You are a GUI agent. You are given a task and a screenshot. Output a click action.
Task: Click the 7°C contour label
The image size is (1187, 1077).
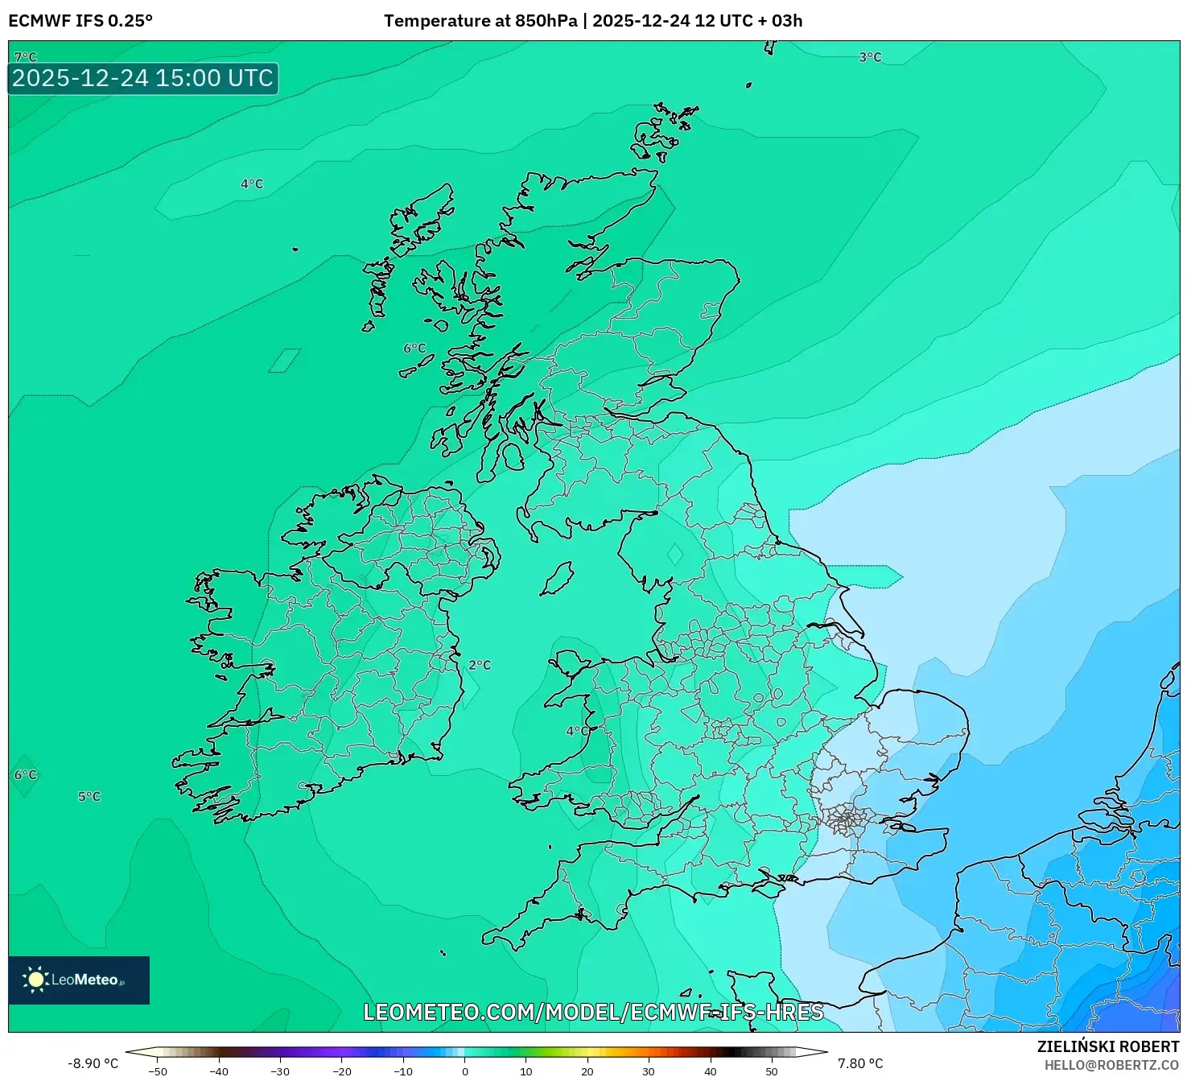coord(25,57)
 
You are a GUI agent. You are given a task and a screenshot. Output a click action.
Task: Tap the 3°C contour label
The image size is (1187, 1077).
coord(870,57)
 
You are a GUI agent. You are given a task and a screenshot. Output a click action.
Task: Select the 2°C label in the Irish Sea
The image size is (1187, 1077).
coord(480,665)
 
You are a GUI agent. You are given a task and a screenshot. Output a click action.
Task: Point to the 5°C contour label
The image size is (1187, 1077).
coord(89,796)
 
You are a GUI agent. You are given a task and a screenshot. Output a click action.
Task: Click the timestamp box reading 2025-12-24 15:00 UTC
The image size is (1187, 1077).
coord(143,78)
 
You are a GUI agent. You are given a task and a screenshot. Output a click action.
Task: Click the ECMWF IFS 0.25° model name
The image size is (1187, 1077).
coord(80,21)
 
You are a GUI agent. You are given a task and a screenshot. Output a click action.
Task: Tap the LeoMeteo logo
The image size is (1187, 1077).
coord(79,980)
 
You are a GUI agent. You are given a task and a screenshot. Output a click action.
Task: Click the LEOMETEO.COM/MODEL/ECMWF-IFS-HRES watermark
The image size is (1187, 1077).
coord(593,1012)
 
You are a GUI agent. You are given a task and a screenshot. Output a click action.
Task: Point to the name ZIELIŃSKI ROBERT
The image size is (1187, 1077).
coord(1107,1046)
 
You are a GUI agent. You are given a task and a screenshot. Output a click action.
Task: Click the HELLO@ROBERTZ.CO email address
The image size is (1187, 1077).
coord(1111,1065)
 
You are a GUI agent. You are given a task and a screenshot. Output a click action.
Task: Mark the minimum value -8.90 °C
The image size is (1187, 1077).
coord(93,1063)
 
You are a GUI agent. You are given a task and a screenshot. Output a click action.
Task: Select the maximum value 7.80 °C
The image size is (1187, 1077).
coord(860,1063)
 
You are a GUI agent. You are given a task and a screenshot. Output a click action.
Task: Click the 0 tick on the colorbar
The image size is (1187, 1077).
coord(465,1071)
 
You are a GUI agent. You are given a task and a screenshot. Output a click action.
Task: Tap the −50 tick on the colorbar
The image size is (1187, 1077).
coord(158,1071)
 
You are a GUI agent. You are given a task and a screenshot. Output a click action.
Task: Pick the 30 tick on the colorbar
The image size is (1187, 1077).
coord(649,1071)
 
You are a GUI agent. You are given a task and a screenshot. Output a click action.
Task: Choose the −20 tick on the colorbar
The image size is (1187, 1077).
coord(342,1071)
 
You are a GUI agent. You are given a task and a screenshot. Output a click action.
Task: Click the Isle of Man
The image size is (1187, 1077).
coord(557,579)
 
